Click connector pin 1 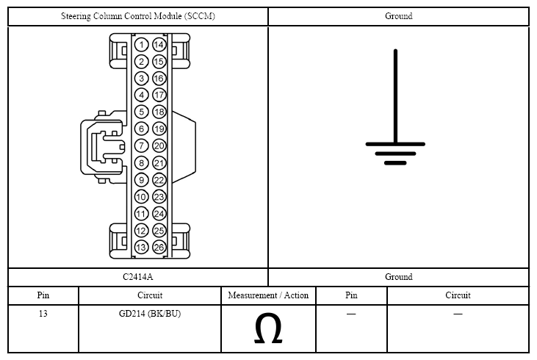click(142, 45)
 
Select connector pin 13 click(142, 248)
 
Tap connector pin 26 click(159, 248)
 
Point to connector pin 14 click(159, 45)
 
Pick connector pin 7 click(142, 145)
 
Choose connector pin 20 click(159, 145)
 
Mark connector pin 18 click(159, 112)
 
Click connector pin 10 click(142, 197)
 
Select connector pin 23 click(159, 197)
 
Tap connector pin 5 click(142, 112)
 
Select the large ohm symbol click(268, 330)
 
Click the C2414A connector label click(138, 277)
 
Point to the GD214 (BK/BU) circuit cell click(150, 314)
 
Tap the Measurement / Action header click(268, 295)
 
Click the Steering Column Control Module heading click(138, 16)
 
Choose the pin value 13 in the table click(43, 314)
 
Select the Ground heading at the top click(398, 16)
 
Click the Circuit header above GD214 click(150, 295)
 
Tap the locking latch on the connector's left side click(100, 145)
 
